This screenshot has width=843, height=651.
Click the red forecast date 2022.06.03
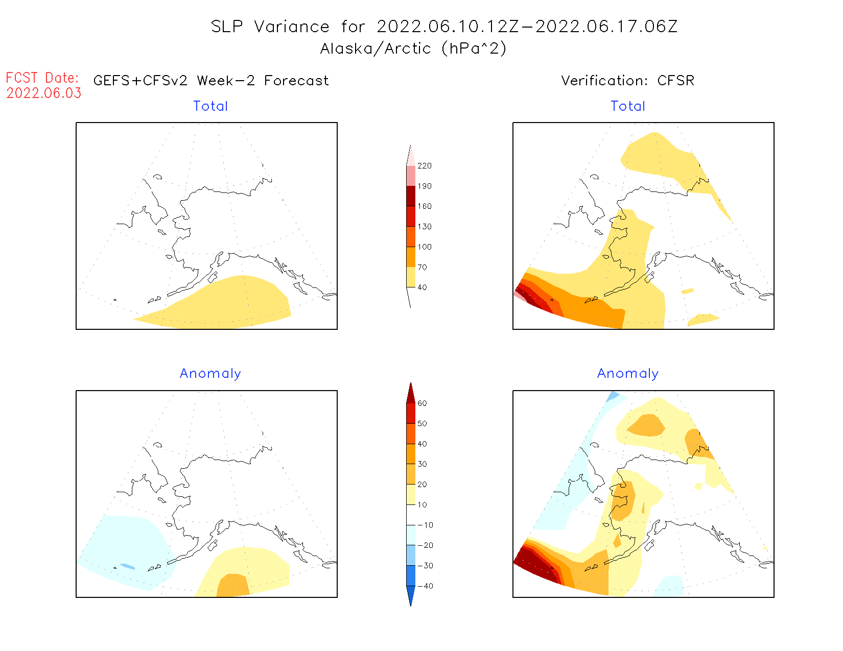44,93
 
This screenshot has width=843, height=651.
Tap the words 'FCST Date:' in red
42,78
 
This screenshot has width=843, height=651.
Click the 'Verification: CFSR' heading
627,81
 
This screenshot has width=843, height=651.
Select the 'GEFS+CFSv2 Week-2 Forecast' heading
211,81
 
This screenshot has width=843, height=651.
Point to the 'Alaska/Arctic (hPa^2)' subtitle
413,49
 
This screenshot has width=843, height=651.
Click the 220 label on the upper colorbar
424,166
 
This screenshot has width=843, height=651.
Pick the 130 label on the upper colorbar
424,227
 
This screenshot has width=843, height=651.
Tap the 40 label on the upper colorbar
422,287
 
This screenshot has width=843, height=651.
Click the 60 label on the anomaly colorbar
422,403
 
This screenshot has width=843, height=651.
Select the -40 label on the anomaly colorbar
425,586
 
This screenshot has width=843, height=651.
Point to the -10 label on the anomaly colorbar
425,525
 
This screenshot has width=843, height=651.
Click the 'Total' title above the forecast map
210,106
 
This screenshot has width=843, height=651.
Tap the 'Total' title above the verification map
628,106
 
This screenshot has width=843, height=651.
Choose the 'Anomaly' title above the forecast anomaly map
210,374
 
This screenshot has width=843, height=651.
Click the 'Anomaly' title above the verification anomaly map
628,374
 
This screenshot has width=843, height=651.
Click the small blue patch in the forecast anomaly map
127,567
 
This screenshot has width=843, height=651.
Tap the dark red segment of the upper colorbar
411,196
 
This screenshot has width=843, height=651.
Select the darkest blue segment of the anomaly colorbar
411,591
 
